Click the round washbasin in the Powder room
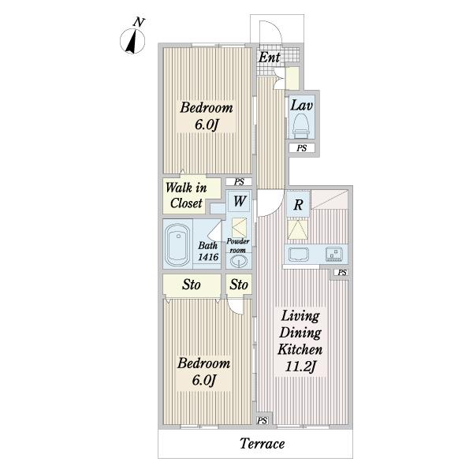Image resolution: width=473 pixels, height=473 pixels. (x=239, y=261)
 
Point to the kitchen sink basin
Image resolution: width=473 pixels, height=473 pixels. (x=299, y=255)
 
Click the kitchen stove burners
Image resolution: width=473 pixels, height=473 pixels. (x=334, y=254)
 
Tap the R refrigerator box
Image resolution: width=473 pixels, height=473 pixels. (x=298, y=204)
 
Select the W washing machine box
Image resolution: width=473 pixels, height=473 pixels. (x=239, y=201)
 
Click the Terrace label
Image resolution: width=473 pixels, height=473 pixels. (x=263, y=443)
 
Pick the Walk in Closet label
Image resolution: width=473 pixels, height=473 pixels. (x=186, y=196)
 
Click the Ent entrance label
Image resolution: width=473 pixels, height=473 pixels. (x=269, y=57)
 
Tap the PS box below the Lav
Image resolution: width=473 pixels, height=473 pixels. (x=302, y=148)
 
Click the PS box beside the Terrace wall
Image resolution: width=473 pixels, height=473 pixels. (x=263, y=420)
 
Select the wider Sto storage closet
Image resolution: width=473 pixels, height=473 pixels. (x=192, y=285)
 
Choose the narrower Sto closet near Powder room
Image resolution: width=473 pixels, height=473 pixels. (x=239, y=285)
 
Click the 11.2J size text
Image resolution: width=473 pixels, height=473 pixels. (x=300, y=367)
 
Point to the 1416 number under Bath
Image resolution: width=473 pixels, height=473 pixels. (x=208, y=257)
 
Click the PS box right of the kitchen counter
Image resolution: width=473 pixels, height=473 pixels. (x=342, y=273)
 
